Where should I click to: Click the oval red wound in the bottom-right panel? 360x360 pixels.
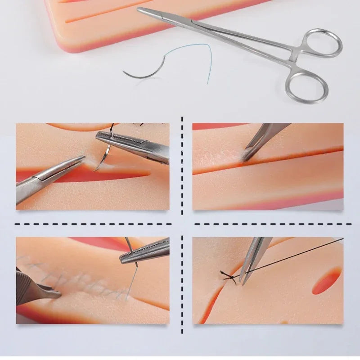pyautogui.click(x=327, y=281)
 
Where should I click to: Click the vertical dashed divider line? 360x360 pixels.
pyautogui.click(x=182, y=225)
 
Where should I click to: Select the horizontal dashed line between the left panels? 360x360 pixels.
pyautogui.click(x=92, y=224)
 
